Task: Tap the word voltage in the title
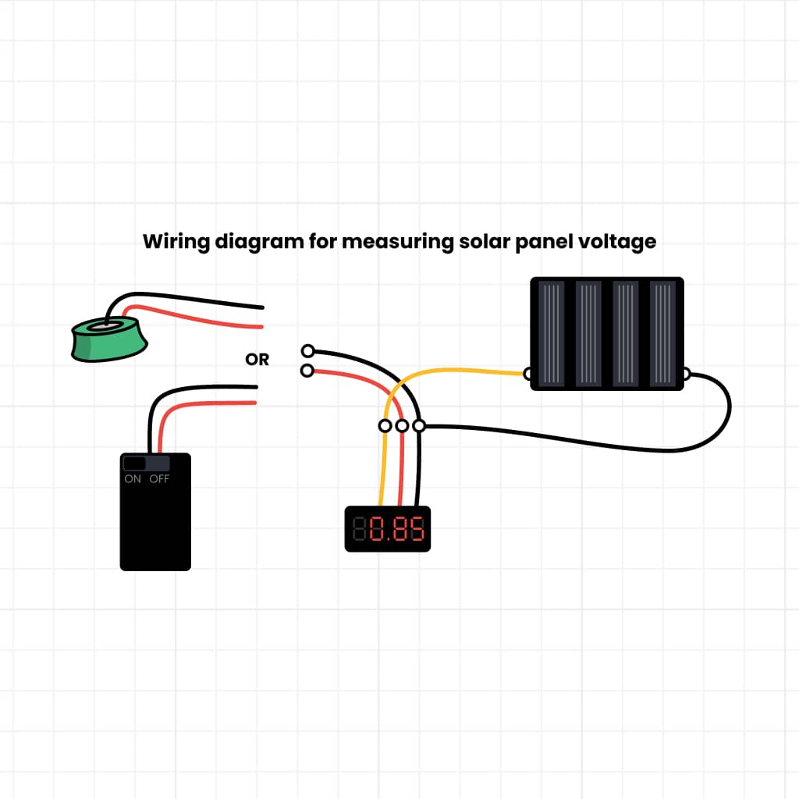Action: (x=616, y=242)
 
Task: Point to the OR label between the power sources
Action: (x=257, y=360)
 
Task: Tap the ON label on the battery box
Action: (x=133, y=479)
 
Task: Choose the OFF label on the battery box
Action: (x=159, y=479)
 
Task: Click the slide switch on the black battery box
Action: (x=135, y=463)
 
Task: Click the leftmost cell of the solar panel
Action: (x=551, y=333)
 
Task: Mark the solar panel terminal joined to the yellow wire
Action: (x=528, y=375)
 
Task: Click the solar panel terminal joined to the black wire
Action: (x=686, y=375)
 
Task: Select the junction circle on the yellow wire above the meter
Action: (x=385, y=426)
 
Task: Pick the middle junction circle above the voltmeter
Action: (x=402, y=426)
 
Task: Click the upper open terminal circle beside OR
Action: (x=308, y=351)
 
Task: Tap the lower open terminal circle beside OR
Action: (x=308, y=371)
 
